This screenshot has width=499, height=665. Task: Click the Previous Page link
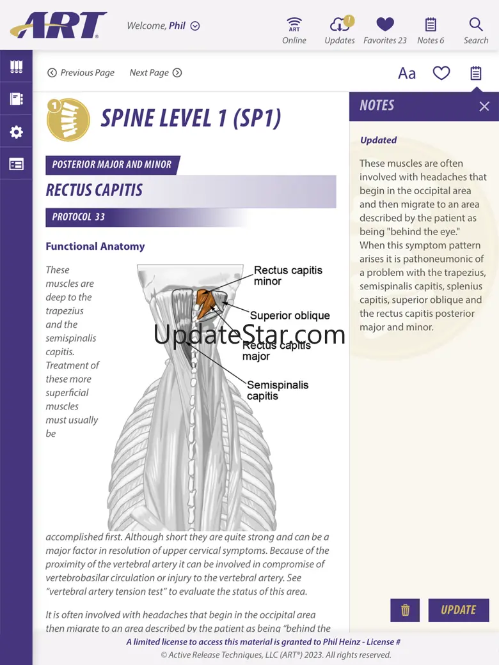pyautogui.click(x=81, y=73)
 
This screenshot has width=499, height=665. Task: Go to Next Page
pyautogui.click(x=155, y=73)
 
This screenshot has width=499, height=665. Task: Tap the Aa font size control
pyautogui.click(x=407, y=73)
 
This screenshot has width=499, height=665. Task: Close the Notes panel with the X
pyautogui.click(x=484, y=107)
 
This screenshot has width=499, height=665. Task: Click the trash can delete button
pyautogui.click(x=405, y=610)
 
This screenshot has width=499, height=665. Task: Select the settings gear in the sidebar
pyautogui.click(x=16, y=132)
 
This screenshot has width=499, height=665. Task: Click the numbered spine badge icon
pyautogui.click(x=68, y=119)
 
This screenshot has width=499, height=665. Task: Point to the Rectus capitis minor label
pyautogui.click(x=288, y=275)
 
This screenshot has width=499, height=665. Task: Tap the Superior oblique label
pyautogui.click(x=290, y=316)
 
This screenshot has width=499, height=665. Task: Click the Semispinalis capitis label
pyautogui.click(x=278, y=390)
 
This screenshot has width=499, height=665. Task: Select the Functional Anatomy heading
pyautogui.click(x=95, y=247)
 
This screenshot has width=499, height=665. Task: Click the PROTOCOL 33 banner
pyautogui.click(x=79, y=217)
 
